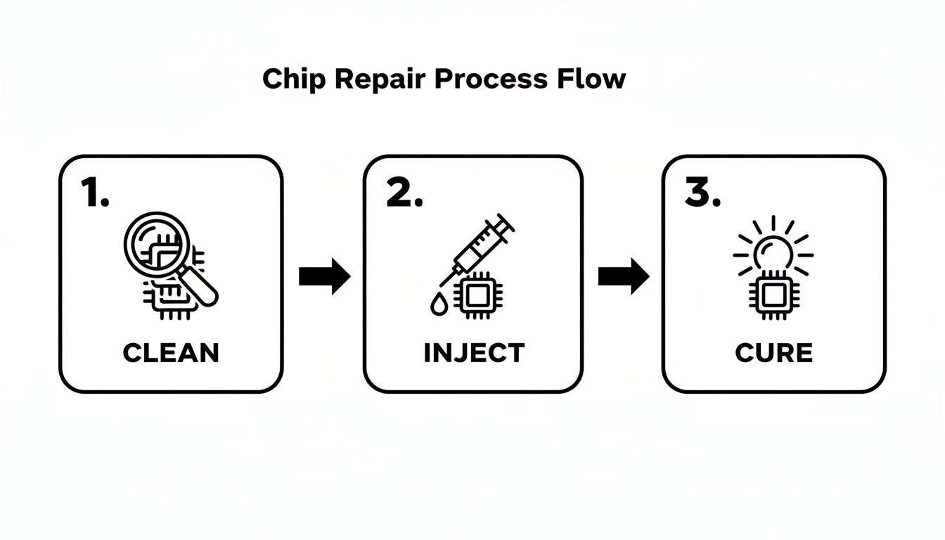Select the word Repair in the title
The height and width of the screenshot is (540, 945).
point(379,79)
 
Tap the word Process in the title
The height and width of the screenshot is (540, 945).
point(490,79)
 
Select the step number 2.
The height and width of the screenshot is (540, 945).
point(404,193)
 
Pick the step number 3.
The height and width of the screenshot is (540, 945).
point(702,193)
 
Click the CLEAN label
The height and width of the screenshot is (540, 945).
point(171,352)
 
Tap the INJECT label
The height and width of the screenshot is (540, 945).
point(474,352)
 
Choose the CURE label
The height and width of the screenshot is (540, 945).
point(773,352)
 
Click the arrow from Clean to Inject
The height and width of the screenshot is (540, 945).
point(324,276)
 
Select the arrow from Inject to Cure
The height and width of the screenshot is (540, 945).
point(624,276)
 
